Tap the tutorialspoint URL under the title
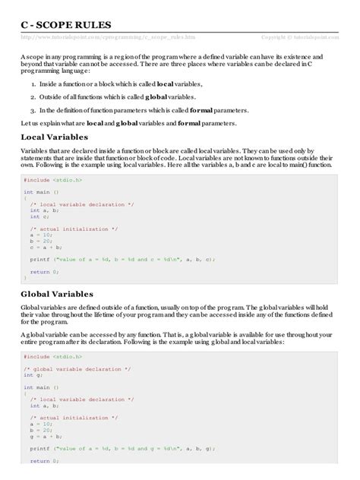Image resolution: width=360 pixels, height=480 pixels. [x=112, y=36]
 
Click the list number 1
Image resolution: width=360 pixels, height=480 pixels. [x=33, y=85]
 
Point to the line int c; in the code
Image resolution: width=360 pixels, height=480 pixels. [x=39, y=216]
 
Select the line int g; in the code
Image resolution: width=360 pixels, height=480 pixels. [x=29, y=375]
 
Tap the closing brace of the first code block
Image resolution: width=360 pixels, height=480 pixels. [x=25, y=278]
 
